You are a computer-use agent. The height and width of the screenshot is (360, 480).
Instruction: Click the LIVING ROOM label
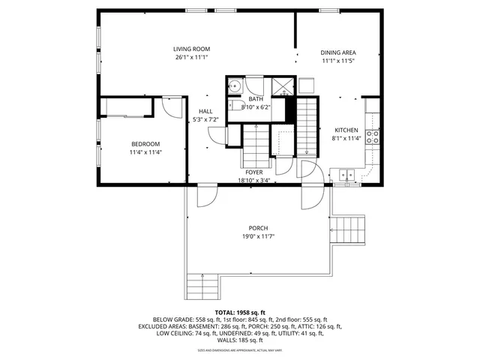[x=191, y=49]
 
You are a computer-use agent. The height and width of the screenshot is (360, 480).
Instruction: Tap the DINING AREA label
[x=338, y=52]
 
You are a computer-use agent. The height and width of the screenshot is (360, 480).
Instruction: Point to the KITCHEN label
[x=346, y=130]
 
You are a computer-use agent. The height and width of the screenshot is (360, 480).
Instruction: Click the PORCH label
[x=258, y=228]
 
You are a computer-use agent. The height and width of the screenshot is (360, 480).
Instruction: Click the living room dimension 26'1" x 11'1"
[x=191, y=57]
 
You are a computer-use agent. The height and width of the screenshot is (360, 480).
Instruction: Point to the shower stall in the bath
[x=281, y=85]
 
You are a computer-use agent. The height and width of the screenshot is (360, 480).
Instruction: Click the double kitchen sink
[x=347, y=175]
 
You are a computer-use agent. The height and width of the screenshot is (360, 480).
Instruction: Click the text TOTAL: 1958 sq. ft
[x=240, y=312]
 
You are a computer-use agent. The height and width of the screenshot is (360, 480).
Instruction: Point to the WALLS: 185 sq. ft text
[x=240, y=340]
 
